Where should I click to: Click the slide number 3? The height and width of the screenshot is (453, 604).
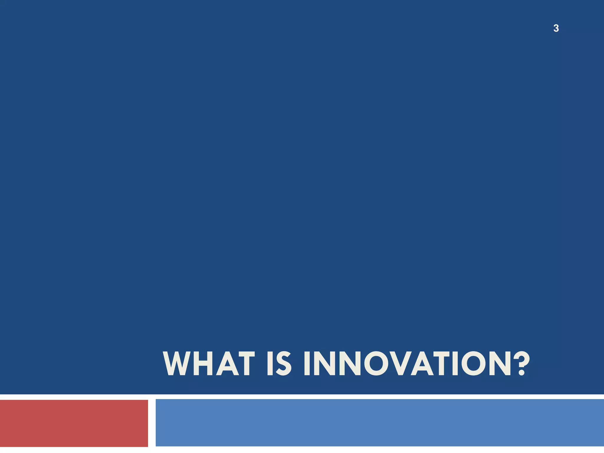coord(556,28)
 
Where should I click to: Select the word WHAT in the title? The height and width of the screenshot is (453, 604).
coord(208,363)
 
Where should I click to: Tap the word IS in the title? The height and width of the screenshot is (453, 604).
coord(279,363)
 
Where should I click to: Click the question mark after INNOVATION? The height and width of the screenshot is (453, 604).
coord(521,363)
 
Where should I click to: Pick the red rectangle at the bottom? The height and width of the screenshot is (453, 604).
coord(74,423)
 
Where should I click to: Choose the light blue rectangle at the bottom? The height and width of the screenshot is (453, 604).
coord(380,423)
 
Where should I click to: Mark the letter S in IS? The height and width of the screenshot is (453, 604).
coord(284,363)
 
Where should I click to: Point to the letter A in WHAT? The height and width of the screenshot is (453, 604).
coord(227,363)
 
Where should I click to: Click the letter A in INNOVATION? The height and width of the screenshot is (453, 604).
coord(422,363)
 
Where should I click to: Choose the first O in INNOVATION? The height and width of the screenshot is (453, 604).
coord(377,363)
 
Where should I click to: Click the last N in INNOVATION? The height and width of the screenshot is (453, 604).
coord(500,363)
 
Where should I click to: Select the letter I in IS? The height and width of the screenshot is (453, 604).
coord(270,363)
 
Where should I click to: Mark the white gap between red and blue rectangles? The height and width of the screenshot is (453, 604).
coord(152,423)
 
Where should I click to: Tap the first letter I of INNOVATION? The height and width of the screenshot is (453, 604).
coord(307,363)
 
